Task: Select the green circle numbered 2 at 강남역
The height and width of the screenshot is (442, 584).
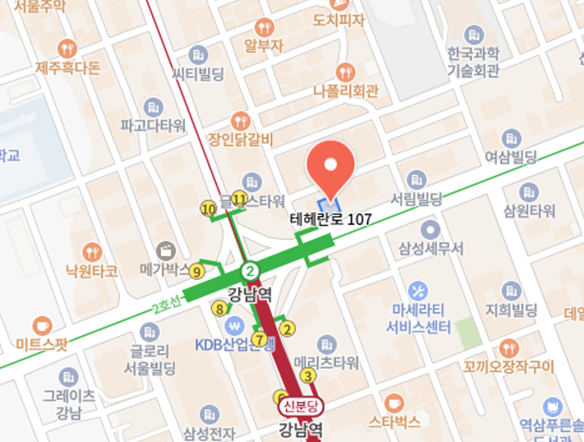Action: pyautogui.click(x=250, y=270)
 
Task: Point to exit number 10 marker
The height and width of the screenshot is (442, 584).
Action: pyautogui.click(x=209, y=209)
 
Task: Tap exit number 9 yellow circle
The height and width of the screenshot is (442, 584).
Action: pyautogui.click(x=196, y=271)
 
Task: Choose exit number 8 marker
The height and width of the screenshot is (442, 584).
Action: pyautogui.click(x=220, y=309)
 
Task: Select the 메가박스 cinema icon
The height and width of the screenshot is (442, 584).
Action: pyautogui.click(x=165, y=250)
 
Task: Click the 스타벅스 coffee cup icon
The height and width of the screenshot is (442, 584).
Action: pyautogui.click(x=394, y=402)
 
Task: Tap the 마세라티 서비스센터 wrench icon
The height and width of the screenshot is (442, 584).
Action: pyautogui.click(x=418, y=290)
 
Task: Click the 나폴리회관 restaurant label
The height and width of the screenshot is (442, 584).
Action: pyautogui.click(x=346, y=91)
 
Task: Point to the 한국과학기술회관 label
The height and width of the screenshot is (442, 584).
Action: pyautogui.click(x=473, y=61)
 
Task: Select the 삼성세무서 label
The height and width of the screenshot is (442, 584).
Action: pyautogui.click(x=431, y=248)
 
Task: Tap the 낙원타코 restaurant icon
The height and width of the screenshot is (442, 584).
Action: pyautogui.click(x=92, y=251)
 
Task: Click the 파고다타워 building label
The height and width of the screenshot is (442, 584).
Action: pyautogui.click(x=153, y=126)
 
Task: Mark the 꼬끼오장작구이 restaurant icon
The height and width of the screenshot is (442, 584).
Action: pyautogui.click(x=509, y=348)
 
